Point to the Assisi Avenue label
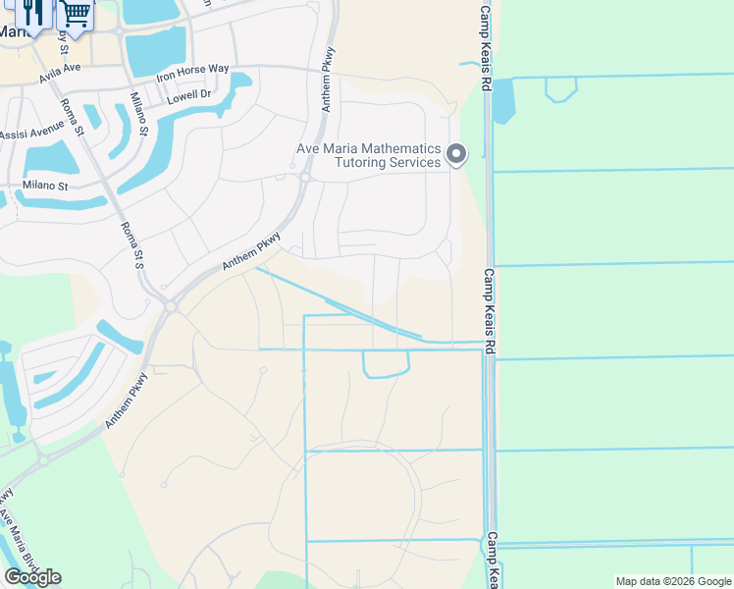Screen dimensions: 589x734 point(31,134)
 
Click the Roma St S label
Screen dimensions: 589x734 point(131,245)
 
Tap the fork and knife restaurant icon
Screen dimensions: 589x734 point(33,13)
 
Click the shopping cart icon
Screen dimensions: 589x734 point(76,13)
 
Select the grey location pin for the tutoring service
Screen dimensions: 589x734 point(456,154)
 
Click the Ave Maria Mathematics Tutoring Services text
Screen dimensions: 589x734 point(369,155)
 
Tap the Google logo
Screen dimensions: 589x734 point(32,577)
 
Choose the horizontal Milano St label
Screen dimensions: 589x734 point(46,186)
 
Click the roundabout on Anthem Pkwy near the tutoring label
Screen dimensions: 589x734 point(305,178)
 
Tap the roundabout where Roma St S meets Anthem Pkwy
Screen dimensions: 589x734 point(170,306)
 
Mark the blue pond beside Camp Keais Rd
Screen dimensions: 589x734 point(503,101)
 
